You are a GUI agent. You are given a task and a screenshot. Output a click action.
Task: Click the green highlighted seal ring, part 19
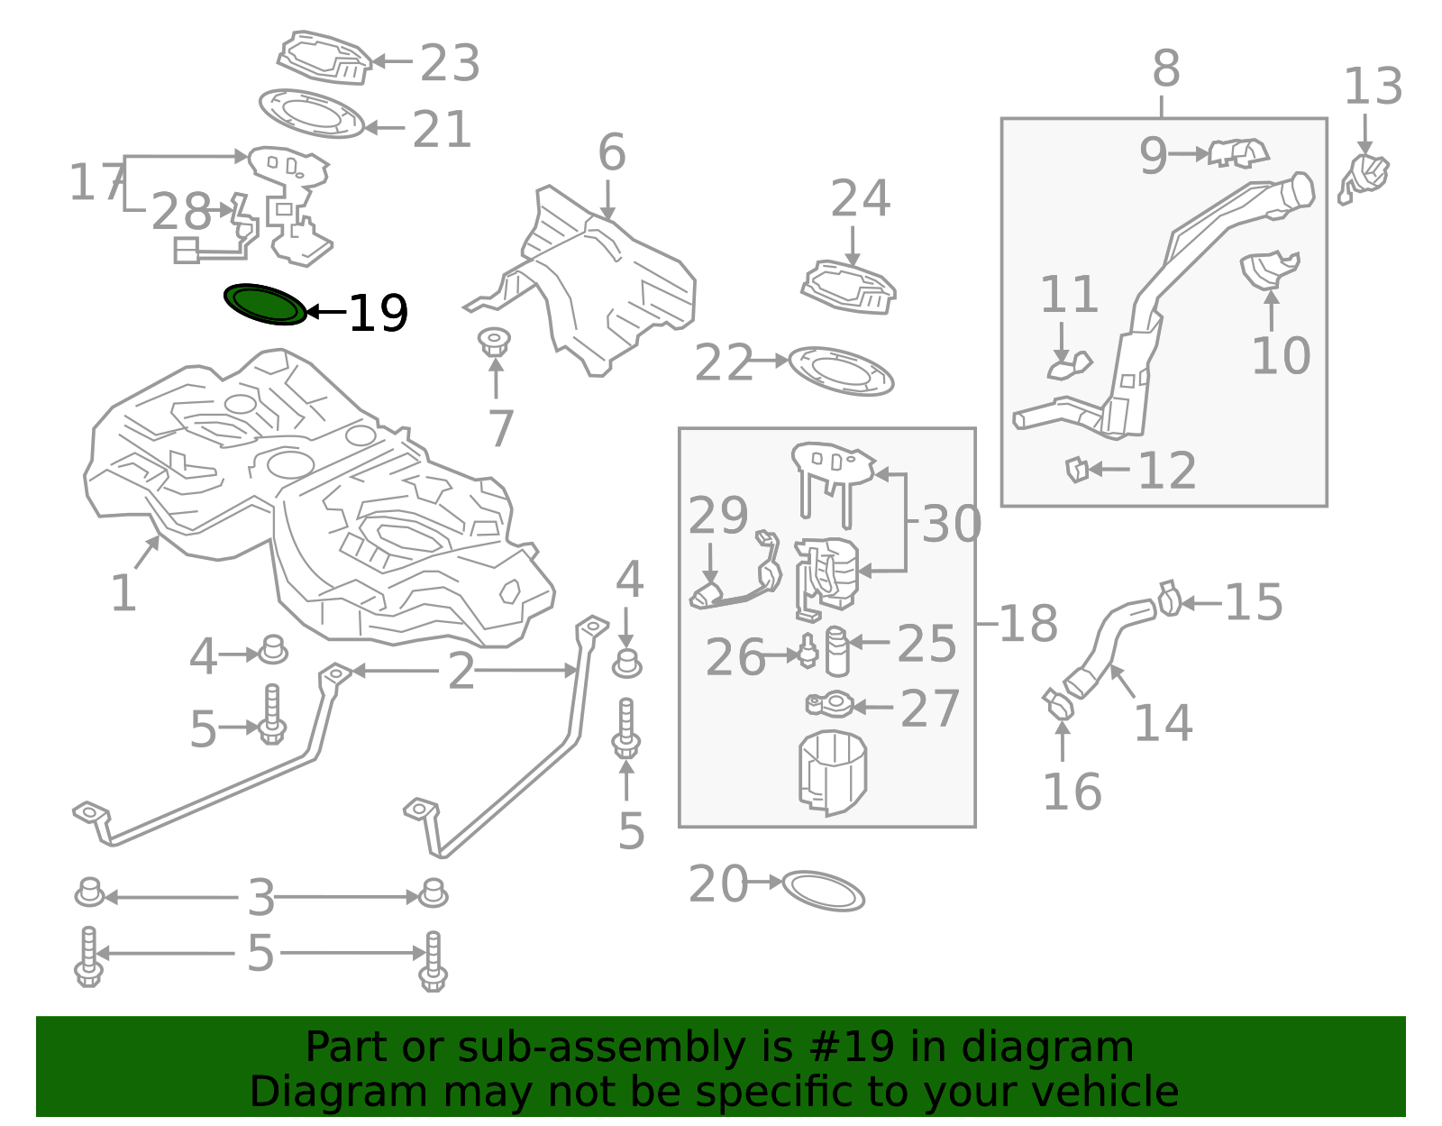click(x=265, y=305)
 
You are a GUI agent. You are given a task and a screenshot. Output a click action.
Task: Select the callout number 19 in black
click(x=379, y=314)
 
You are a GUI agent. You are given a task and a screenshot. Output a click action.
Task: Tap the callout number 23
click(x=450, y=63)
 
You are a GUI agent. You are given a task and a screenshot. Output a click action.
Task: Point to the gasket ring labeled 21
click(x=312, y=114)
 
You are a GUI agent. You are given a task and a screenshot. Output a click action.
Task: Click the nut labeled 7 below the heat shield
click(x=494, y=343)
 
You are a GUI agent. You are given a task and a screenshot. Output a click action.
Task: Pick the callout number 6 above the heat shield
click(x=611, y=152)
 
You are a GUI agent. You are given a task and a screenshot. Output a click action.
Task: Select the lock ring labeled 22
click(x=841, y=371)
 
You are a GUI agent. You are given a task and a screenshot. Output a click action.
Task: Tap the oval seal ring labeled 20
click(x=823, y=891)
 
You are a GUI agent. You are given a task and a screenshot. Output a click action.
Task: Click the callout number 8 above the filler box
click(x=1165, y=69)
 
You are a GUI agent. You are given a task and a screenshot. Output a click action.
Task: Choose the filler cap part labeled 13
click(x=1364, y=177)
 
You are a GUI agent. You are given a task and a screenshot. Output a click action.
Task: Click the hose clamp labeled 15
click(x=1169, y=598)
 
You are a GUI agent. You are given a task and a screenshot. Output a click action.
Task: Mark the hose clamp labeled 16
click(x=1056, y=703)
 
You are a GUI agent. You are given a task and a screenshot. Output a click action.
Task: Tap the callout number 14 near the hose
click(x=1163, y=723)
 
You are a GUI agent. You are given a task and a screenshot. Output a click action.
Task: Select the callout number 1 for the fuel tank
click(x=123, y=593)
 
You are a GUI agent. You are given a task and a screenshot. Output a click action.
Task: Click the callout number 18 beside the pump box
click(x=1028, y=624)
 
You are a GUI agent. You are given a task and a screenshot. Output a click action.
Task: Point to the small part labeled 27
click(x=828, y=704)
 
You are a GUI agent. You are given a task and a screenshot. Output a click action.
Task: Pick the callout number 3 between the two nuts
click(x=261, y=898)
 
